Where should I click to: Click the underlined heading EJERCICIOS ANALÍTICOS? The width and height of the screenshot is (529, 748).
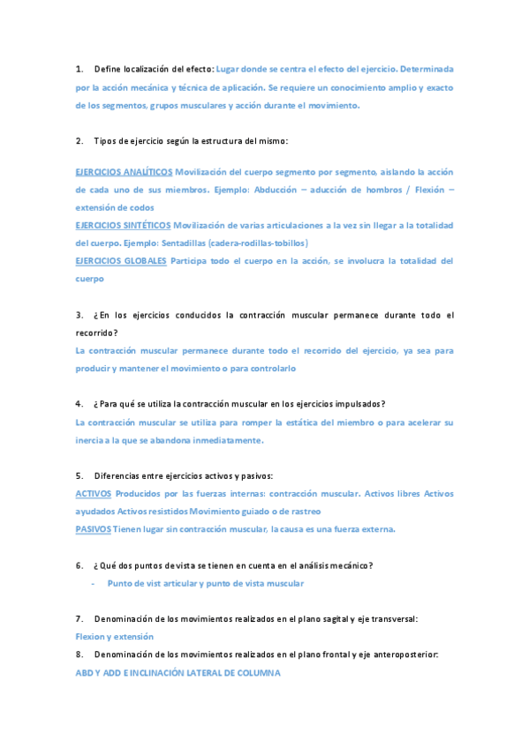pyautogui.click(x=124, y=171)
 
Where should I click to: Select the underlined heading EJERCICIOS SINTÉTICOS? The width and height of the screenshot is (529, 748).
pyautogui.click(x=124, y=225)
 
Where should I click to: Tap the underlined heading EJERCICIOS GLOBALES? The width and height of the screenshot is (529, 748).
pyautogui.click(x=121, y=260)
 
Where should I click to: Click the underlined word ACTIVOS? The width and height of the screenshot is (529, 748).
pyautogui.click(x=94, y=493)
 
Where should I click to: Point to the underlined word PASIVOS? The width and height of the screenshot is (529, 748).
pyautogui.click(x=94, y=528)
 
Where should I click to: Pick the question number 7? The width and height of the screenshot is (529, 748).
pyautogui.click(x=79, y=618)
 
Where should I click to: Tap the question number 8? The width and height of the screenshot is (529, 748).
pyautogui.click(x=79, y=654)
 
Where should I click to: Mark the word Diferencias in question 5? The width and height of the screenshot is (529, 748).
pyautogui.click(x=116, y=475)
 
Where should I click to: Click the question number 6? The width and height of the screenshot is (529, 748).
pyautogui.click(x=79, y=565)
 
